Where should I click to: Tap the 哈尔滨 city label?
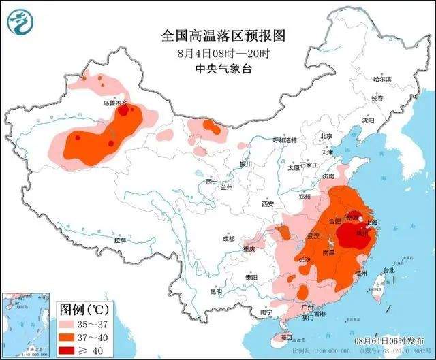pos(382,79)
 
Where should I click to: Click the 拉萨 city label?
pos(120,240)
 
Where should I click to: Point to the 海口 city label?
pos(287,337)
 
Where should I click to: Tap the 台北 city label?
pos(388,270)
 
